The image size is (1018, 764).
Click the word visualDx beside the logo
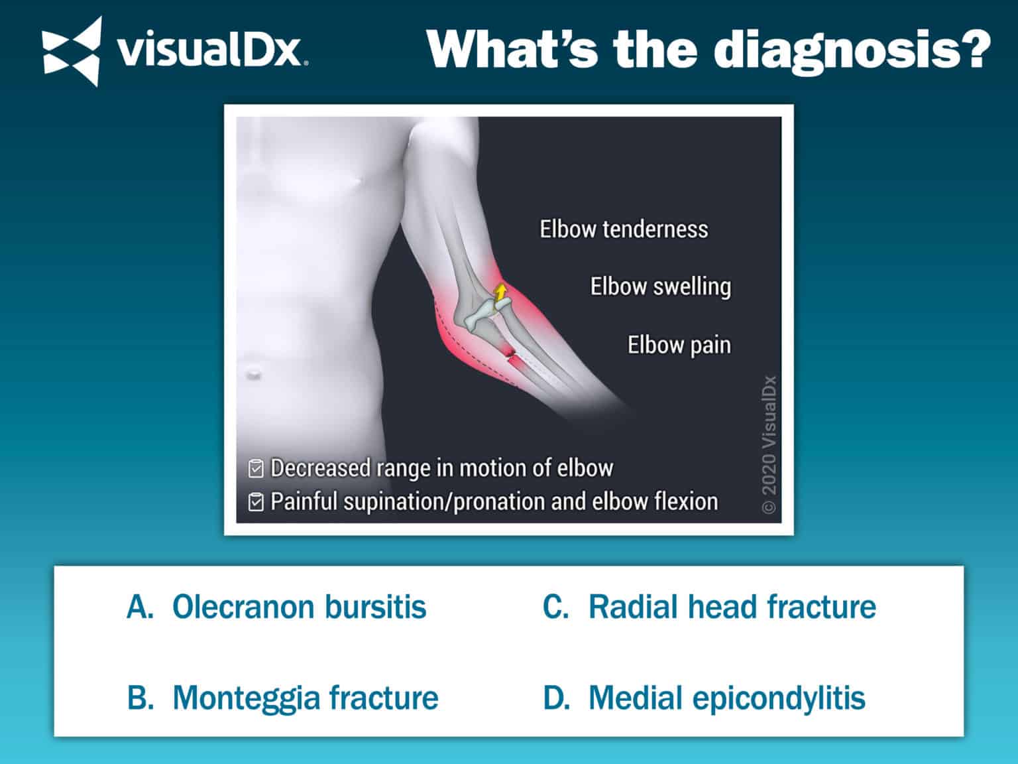(211, 51)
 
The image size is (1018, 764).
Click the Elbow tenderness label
(623, 229)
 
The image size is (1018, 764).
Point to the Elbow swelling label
(660, 286)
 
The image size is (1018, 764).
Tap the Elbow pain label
(679, 345)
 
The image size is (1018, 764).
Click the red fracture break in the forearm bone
(510, 354)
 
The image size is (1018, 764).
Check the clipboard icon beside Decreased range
(256, 468)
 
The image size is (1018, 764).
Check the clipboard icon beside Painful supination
(256, 501)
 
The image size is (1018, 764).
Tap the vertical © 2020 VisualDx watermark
(769, 444)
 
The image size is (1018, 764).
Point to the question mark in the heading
(972, 50)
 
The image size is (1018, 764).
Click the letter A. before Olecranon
(139, 607)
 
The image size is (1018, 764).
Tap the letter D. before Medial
(556, 698)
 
